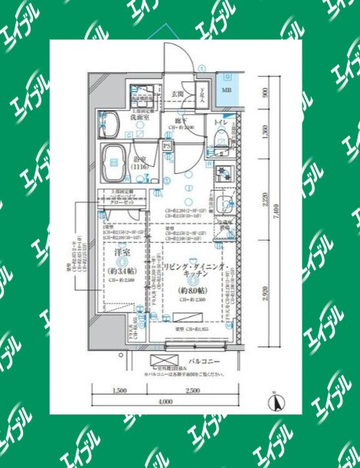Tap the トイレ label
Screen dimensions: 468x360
tap(220, 123)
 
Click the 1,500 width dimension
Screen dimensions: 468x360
tap(119, 391)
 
